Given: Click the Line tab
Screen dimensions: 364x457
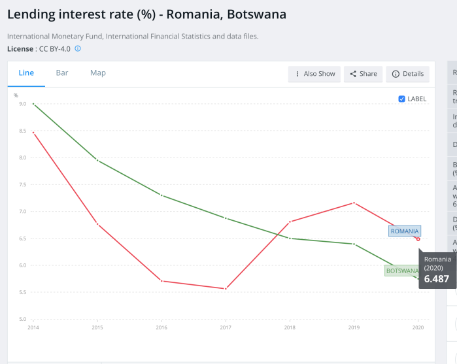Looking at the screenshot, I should click(x=26, y=73).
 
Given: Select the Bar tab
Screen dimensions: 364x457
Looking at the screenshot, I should click(x=62, y=73).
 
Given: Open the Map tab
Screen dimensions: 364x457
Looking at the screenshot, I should click(x=98, y=73).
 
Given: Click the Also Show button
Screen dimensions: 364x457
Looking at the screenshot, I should click(x=314, y=74).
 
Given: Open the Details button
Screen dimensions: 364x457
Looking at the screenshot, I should click(x=407, y=74).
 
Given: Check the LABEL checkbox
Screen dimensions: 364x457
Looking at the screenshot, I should click(x=401, y=99).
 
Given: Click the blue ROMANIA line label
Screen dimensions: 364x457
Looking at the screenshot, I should click(x=405, y=231).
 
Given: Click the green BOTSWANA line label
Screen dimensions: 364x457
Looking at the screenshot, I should click(x=401, y=271).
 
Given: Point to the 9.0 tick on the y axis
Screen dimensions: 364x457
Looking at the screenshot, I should click(x=22, y=104).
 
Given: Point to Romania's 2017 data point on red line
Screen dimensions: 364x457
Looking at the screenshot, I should click(x=226, y=289).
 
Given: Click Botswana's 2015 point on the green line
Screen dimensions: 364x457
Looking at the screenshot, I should click(x=97, y=160).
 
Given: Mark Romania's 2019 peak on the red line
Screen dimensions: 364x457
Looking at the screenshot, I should click(x=354, y=203).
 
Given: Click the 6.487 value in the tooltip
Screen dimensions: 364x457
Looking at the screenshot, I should click(x=437, y=279).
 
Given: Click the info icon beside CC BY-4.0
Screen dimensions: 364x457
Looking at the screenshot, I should click(x=78, y=48).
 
